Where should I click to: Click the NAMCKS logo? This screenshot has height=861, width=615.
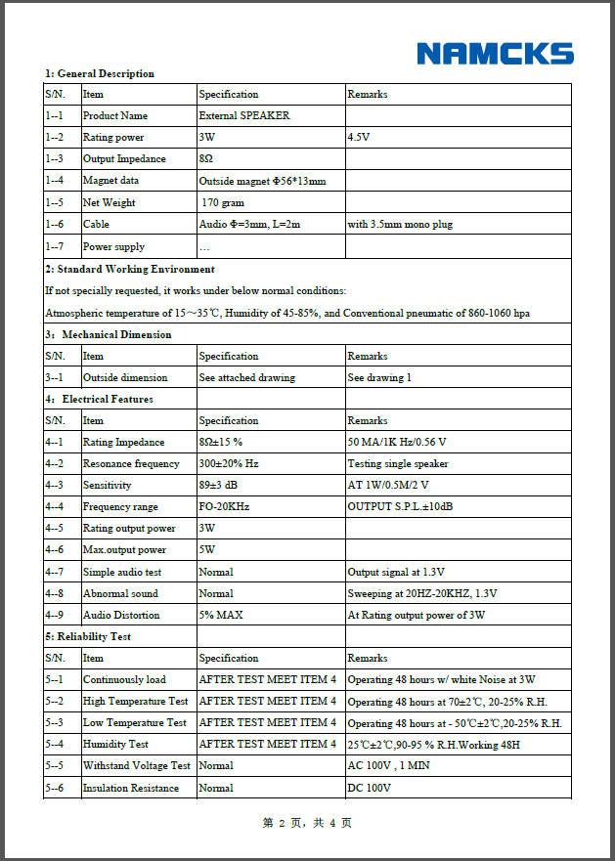pos(495,54)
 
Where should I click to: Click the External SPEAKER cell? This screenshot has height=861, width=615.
pos(244,116)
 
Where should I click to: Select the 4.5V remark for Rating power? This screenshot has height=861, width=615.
pos(359,138)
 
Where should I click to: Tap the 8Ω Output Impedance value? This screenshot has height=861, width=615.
pos(206,159)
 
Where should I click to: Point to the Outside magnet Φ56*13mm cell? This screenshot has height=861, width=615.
pos(262,181)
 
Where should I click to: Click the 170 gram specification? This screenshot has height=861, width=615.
pos(223,203)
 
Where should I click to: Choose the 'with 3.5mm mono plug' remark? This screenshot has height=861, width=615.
pos(400,225)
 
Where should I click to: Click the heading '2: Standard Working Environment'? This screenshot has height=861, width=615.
pos(130,269)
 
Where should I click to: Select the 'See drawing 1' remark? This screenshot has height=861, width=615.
pos(379,378)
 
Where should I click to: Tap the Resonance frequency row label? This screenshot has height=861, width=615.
pos(131,464)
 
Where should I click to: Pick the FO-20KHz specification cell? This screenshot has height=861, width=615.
pos(224,507)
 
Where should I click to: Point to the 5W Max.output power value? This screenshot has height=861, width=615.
pos(206,550)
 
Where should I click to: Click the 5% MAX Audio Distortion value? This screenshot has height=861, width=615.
pos(221,616)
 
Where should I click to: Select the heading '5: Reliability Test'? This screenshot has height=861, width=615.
pos(88,637)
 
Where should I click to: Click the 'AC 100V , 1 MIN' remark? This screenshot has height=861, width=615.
pos(388,766)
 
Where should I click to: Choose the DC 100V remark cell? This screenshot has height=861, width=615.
pos(369,788)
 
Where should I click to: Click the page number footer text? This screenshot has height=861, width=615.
pos(307,824)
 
